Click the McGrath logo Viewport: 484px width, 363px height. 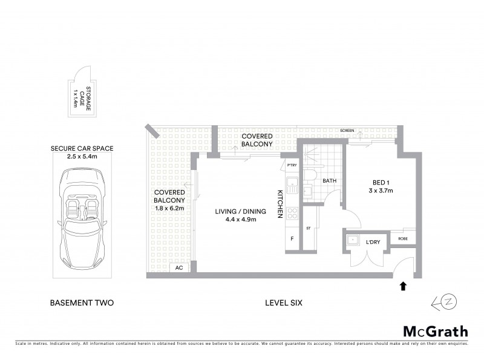(x=435, y=331)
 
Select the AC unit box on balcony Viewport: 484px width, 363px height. (x=179, y=267)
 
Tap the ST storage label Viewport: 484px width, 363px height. (x=308, y=229)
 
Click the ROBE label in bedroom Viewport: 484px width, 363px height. (x=402, y=239)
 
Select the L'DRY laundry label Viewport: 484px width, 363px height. (x=373, y=242)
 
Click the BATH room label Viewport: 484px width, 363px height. (x=329, y=180)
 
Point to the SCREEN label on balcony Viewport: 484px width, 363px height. (x=347, y=131)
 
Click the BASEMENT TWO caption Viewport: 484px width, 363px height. (x=81, y=302)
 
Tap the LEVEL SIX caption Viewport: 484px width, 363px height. (x=283, y=302)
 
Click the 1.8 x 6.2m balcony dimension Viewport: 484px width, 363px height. (x=169, y=208)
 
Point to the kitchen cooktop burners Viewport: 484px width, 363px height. (x=292, y=213)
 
